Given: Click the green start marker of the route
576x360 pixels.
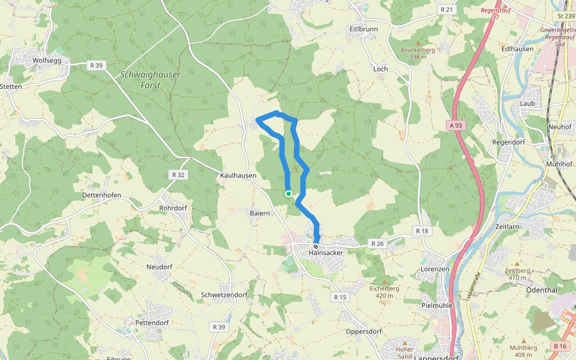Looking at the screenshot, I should [x=289, y=194].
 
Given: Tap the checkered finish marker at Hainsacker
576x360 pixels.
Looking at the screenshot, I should [x=316, y=246].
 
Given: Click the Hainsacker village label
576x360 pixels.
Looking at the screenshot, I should [x=326, y=253].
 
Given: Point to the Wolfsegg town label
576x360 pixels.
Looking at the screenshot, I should [x=47, y=61].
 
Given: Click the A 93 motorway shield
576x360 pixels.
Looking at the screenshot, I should [x=457, y=125].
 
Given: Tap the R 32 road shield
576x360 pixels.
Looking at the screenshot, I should [x=178, y=175].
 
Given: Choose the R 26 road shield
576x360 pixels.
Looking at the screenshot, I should [x=377, y=244].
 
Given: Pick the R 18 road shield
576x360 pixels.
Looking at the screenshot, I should [x=422, y=231].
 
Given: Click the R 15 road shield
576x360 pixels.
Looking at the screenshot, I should [x=340, y=297].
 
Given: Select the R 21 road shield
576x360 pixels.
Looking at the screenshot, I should [x=446, y=10].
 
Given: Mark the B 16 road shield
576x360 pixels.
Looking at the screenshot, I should [x=560, y=346].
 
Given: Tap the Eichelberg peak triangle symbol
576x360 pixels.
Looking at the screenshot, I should [x=385, y=281].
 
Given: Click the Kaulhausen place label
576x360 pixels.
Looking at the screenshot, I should [x=238, y=176].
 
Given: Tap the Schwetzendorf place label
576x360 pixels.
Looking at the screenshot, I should [x=224, y=295].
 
